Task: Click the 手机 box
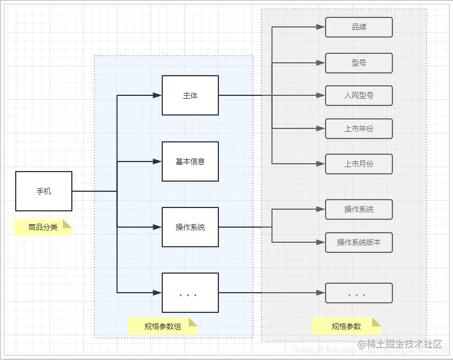coord(44,191)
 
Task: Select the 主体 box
coord(190,95)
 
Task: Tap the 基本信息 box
coord(190,161)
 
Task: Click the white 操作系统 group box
coord(190,227)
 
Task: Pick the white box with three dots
coord(190,293)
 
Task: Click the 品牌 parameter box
coord(359,27)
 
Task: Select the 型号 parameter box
coord(359,63)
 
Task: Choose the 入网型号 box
coord(359,96)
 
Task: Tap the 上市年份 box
coord(359,129)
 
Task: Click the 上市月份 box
coord(359,164)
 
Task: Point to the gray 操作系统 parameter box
coord(359,209)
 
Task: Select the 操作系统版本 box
coord(359,242)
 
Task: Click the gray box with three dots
coord(359,293)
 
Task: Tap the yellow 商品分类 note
coord(43,228)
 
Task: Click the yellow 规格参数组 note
coord(163,326)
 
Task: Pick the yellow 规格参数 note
coord(346,326)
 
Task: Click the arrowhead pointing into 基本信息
coord(158,161)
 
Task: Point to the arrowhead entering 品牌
coord(321,27)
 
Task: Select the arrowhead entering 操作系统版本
coord(321,242)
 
